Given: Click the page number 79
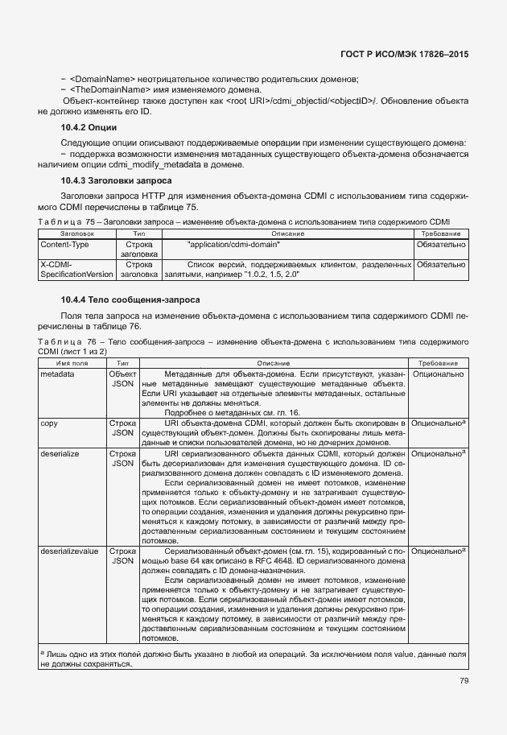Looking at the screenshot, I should [x=464, y=680].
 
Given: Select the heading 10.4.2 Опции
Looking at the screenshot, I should [x=89, y=128].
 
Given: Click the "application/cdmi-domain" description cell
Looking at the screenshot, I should [x=233, y=243].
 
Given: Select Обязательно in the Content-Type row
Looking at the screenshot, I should [x=439, y=243].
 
